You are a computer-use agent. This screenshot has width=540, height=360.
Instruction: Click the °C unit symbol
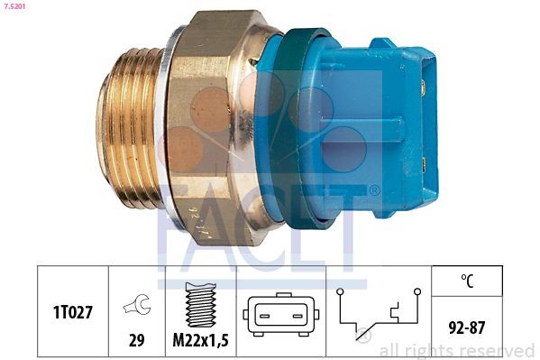coord(467,280)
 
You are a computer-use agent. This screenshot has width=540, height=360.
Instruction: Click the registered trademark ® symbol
coord(373,190)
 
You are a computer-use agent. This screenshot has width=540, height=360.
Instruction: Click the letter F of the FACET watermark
coord(176,226)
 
